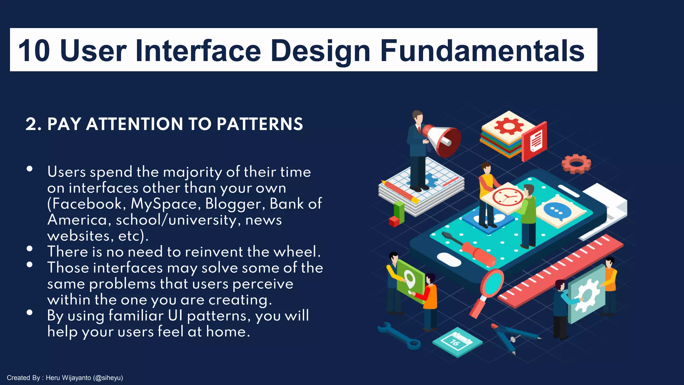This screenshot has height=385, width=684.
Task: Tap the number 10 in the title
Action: tap(34, 51)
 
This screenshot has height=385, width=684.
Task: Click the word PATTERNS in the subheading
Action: tap(260, 124)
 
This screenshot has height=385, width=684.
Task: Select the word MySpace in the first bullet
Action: tap(165, 204)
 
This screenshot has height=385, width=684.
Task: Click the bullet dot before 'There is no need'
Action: tap(30, 249)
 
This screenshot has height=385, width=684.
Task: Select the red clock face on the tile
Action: tap(507, 197)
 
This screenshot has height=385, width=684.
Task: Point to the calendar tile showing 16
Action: tap(457, 342)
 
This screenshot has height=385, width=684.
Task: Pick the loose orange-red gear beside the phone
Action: tap(576, 163)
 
